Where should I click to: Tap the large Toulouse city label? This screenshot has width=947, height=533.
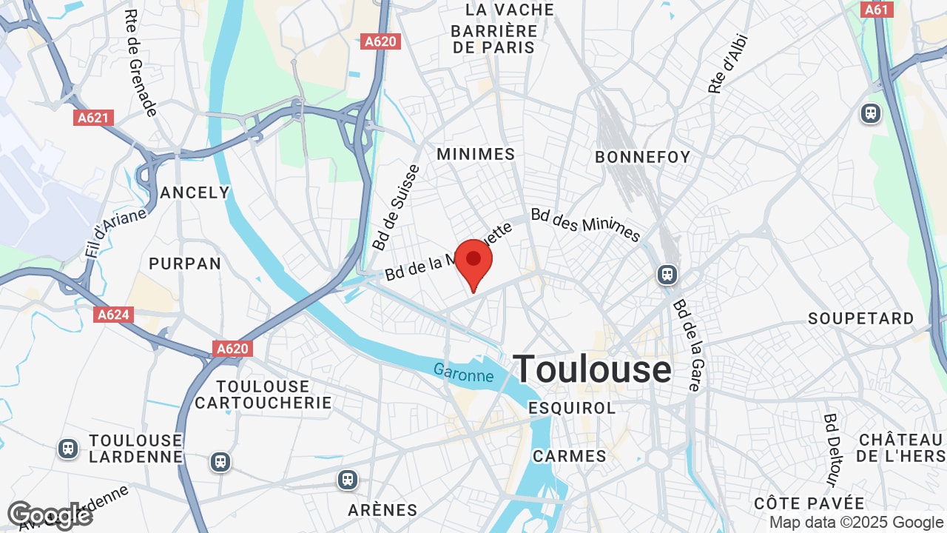tap(592, 369)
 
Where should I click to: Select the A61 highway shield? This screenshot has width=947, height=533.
tap(877, 10)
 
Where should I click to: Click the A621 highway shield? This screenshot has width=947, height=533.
tap(95, 118)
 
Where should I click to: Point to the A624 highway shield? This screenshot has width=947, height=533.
tap(114, 315)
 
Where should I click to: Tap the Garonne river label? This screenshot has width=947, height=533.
tap(463, 372)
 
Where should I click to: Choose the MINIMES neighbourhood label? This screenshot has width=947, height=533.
tap(476, 154)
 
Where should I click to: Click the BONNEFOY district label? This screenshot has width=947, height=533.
tap(642, 157)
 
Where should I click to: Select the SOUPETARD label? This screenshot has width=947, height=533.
tap(861, 319)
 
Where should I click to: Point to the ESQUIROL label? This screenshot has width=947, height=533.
tap(572, 408)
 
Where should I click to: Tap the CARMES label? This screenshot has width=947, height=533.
tap(570, 456)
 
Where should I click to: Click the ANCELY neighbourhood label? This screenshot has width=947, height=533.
tap(195, 192)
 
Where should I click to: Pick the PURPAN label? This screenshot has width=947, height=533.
tap(185, 264)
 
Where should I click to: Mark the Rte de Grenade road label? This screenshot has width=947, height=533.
tap(141, 63)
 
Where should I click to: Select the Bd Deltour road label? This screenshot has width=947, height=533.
tap(831, 450)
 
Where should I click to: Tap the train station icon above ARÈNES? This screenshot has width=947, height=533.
tap(348, 480)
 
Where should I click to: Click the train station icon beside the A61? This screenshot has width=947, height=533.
tap(871, 113)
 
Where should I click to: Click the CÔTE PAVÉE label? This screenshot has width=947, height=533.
tap(809, 503)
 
